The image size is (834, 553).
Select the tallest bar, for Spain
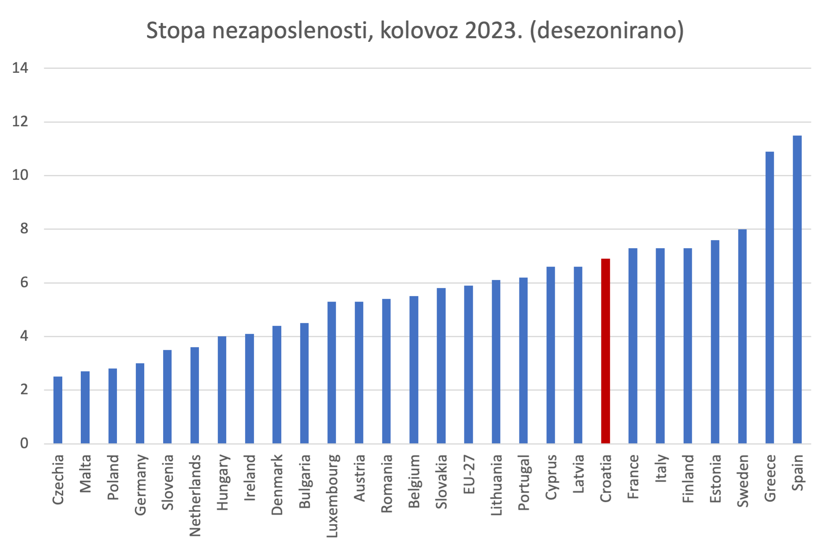tap(797, 290)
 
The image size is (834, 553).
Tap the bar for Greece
tap(770, 298)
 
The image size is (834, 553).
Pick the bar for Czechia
tap(58, 410)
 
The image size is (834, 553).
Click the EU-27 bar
tap(468, 364)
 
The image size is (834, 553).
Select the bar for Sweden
tap(742, 336)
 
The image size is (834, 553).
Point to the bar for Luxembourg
tap(331, 372)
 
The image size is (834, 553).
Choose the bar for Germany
tap(140, 403)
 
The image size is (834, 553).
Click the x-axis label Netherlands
tap(195, 495)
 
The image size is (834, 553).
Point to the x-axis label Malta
tap(85, 474)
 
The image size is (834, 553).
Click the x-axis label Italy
tap(661, 469)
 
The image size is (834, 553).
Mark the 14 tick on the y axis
tap(20, 68)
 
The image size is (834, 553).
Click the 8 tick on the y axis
tap(24, 229)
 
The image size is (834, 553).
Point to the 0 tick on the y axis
tap(24, 443)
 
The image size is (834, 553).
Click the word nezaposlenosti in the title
tap(290, 31)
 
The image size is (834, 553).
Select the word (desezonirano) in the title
tap(607, 31)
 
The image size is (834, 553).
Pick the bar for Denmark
tap(277, 384)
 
